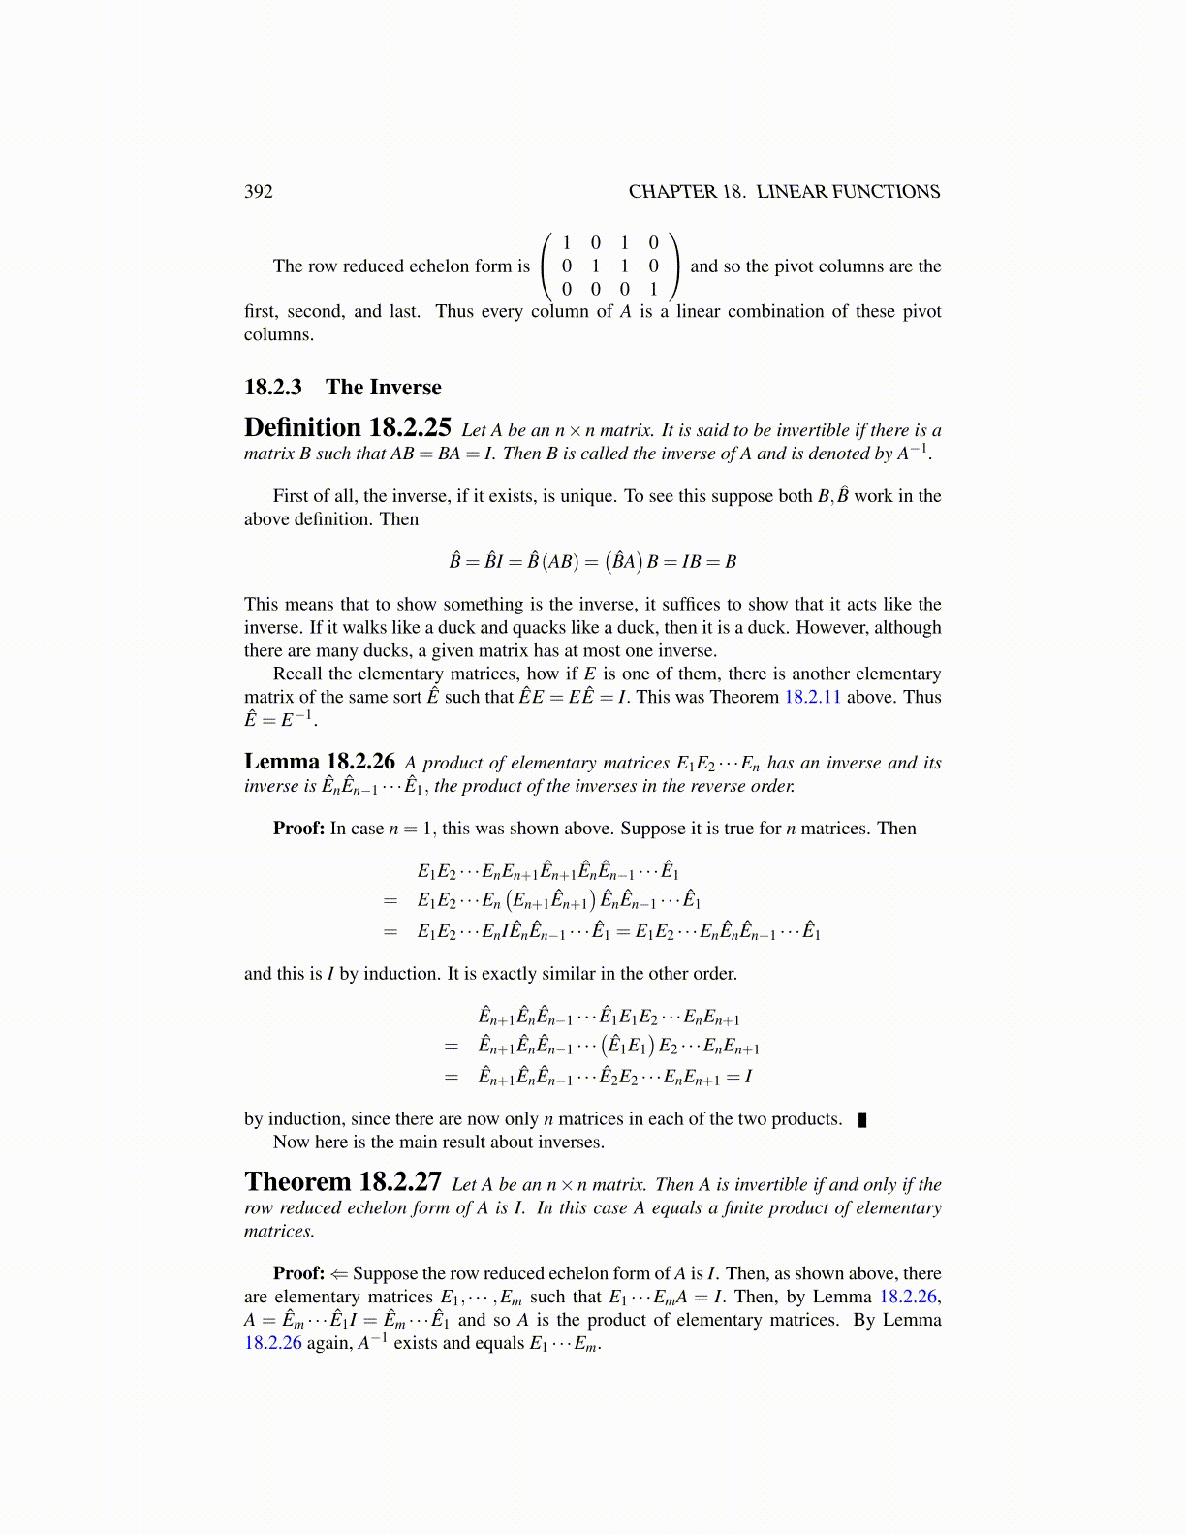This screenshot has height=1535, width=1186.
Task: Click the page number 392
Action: click(x=258, y=192)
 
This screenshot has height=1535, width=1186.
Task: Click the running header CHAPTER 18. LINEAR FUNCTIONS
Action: click(x=784, y=192)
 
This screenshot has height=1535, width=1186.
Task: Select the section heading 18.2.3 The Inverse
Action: click(x=342, y=388)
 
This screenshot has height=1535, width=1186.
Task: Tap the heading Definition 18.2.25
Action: click(x=347, y=428)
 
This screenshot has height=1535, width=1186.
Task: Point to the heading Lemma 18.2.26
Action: click(x=319, y=762)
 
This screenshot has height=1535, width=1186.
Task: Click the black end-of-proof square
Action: click(x=862, y=1120)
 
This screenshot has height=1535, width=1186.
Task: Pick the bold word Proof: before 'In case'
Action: click(x=298, y=829)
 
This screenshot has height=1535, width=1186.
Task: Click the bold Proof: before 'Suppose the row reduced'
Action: click(x=298, y=1273)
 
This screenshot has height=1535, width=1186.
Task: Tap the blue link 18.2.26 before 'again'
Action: click(x=272, y=1343)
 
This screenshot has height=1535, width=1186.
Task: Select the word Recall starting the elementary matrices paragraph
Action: click(x=297, y=674)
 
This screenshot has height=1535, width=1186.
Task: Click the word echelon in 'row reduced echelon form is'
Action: click(x=440, y=266)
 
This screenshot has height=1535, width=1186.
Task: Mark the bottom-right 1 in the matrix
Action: click(x=653, y=289)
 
